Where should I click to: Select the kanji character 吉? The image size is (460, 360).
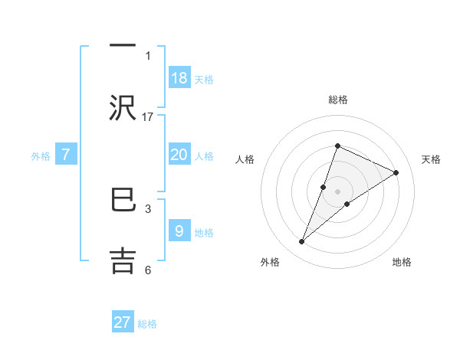click(x=123, y=258)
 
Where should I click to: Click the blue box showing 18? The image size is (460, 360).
click(x=179, y=77)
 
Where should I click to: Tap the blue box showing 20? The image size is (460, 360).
click(x=179, y=155)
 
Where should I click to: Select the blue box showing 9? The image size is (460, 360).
click(x=179, y=231)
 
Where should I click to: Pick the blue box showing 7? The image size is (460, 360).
click(x=66, y=155)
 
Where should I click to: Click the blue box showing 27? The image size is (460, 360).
click(x=123, y=322)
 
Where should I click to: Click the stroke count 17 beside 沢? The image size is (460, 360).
click(x=148, y=116)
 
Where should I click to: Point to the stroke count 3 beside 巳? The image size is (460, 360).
click(x=148, y=208)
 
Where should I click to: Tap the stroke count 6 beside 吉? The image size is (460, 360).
click(x=148, y=270)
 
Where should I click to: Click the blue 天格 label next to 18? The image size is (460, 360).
click(x=204, y=79)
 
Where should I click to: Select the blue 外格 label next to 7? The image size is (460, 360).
click(x=41, y=156)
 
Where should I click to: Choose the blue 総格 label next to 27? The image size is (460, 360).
click(x=147, y=324)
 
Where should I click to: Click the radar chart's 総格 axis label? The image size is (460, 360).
click(x=338, y=100)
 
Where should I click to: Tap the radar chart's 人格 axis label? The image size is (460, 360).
click(x=245, y=159)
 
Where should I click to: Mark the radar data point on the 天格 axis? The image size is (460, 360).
click(x=396, y=172)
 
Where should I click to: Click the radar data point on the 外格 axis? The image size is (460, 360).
click(x=302, y=242)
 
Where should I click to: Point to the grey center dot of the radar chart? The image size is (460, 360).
click(x=338, y=191)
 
